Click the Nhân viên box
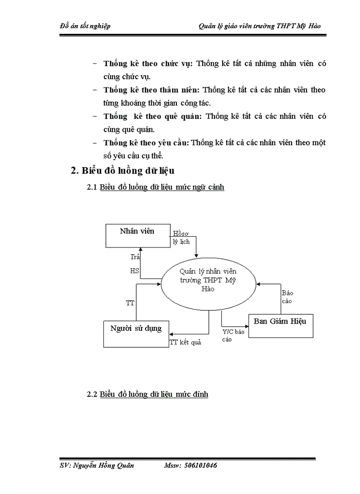point(137,236)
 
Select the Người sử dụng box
point(136,332)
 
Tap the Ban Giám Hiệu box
point(280,325)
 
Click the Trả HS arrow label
point(135,263)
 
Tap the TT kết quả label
point(185,342)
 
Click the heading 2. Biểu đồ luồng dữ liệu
point(126,171)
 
